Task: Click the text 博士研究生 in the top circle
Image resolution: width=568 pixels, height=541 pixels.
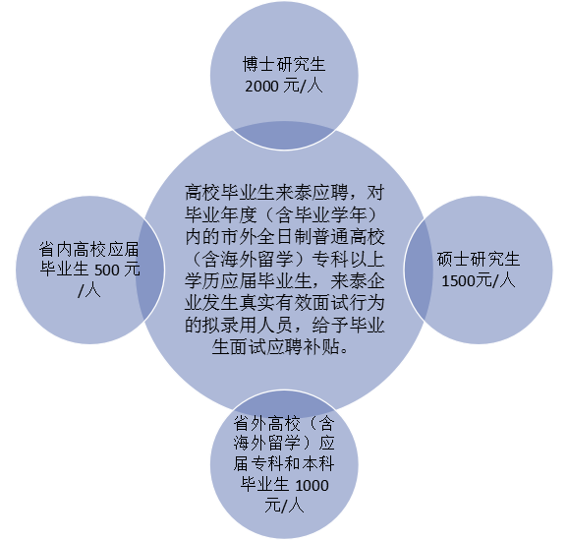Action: point(284,65)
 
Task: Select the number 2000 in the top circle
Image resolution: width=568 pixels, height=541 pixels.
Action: point(261,87)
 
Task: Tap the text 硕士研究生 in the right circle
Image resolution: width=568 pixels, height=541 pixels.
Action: point(479,260)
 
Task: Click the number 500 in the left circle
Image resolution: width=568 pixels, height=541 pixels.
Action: point(107,270)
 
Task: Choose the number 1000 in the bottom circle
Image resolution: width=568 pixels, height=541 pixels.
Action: point(312,485)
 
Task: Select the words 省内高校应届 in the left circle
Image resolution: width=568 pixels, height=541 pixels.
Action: point(89,250)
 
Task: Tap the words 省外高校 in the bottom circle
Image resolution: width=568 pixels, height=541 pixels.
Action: point(267,423)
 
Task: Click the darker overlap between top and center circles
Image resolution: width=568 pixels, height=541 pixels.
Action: point(284,136)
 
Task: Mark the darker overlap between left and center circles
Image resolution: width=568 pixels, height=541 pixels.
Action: point(150,270)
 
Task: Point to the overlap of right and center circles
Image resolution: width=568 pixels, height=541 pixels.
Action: point(419,270)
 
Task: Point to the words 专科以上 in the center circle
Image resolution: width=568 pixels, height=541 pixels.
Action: point(348,259)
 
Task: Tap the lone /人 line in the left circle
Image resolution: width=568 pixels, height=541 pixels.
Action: point(89,290)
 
